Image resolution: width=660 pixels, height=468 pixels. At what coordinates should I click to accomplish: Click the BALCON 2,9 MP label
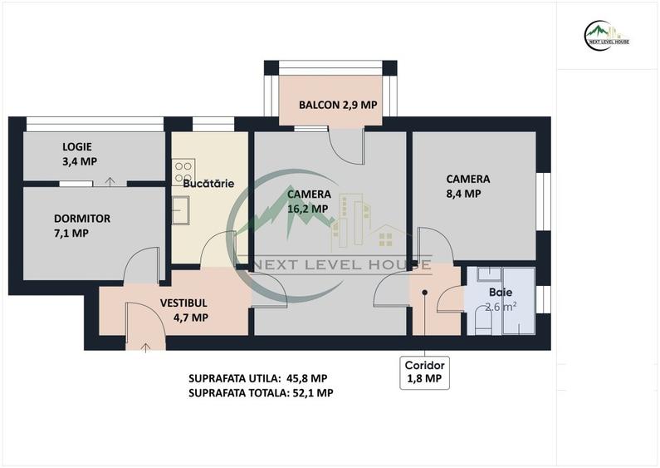click(338, 105)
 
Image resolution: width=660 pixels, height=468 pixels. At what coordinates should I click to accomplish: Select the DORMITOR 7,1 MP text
click(81, 225)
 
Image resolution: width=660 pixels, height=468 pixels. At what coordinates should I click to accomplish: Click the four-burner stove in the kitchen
click(183, 172)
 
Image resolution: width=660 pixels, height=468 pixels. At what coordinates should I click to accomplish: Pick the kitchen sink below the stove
click(181, 210)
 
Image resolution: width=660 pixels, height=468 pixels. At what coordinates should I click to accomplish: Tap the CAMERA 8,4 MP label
click(467, 185)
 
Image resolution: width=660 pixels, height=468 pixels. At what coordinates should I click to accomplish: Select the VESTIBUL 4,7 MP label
click(184, 310)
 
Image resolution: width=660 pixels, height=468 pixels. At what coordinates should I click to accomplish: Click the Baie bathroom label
click(501, 293)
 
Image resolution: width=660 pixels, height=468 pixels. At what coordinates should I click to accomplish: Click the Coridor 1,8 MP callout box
click(424, 372)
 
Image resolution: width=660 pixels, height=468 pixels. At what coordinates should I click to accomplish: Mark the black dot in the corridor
click(425, 293)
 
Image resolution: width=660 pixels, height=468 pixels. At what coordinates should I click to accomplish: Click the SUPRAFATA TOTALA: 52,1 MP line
click(261, 393)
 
